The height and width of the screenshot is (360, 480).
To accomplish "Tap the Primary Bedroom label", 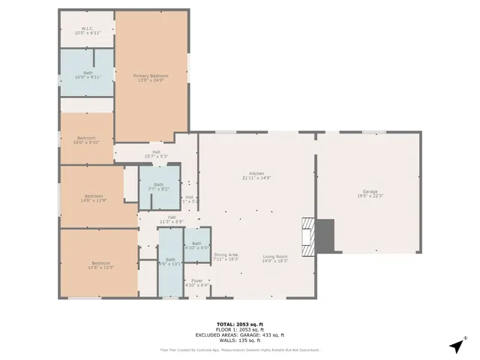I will point(151,77).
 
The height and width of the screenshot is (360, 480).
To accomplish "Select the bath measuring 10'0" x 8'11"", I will point(88,74).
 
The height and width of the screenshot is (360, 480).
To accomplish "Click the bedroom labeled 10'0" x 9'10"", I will point(86,139).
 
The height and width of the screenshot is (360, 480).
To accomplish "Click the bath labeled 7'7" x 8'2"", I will point(158,187).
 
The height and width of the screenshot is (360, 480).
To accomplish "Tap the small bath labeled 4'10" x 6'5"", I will point(196,245).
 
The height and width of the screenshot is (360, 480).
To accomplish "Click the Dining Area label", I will point(226,256).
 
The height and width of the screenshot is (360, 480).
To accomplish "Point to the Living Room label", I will point(275,259).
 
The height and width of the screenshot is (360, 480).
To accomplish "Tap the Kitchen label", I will point(256,175).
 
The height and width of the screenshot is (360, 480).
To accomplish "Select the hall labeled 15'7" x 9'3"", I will point(156,154).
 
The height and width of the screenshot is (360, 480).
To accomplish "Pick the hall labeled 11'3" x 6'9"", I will point(171,220).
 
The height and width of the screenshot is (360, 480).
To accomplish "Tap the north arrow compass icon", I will point(457,344).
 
